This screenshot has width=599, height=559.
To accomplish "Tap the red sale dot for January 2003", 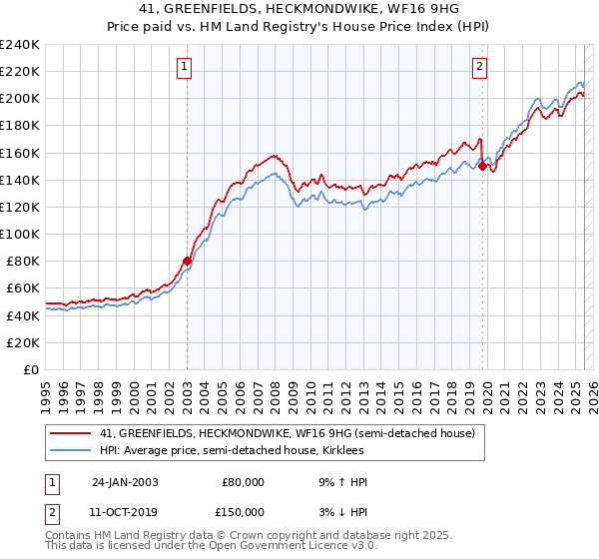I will click(x=187, y=261).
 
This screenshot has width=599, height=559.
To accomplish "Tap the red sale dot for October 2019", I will click(x=482, y=167).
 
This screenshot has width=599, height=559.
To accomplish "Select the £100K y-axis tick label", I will click(x=20, y=234).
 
